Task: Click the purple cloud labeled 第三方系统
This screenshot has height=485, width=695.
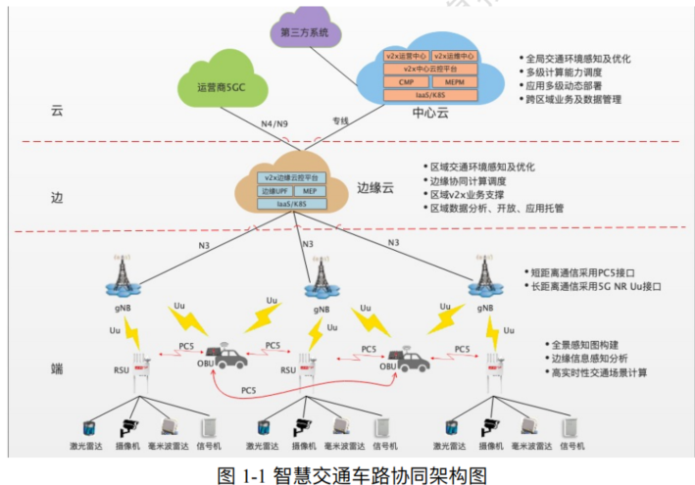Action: click(306, 33)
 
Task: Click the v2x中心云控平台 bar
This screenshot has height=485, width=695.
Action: click(430, 69)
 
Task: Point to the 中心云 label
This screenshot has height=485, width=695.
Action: click(429, 112)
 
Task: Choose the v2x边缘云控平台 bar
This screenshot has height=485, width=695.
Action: click(293, 177)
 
